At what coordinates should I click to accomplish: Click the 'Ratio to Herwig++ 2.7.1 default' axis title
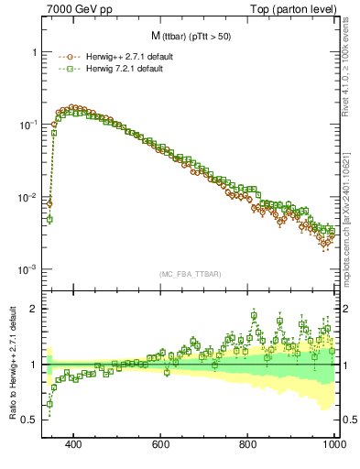coord(11,363)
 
